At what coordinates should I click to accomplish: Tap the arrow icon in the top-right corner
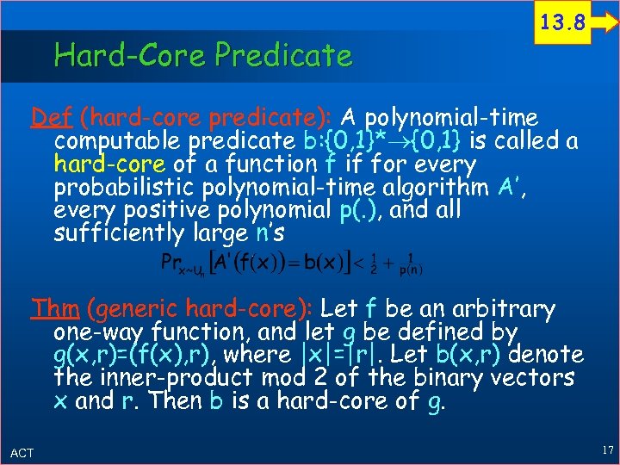coord(604,25)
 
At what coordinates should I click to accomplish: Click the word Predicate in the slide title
coord(283,56)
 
